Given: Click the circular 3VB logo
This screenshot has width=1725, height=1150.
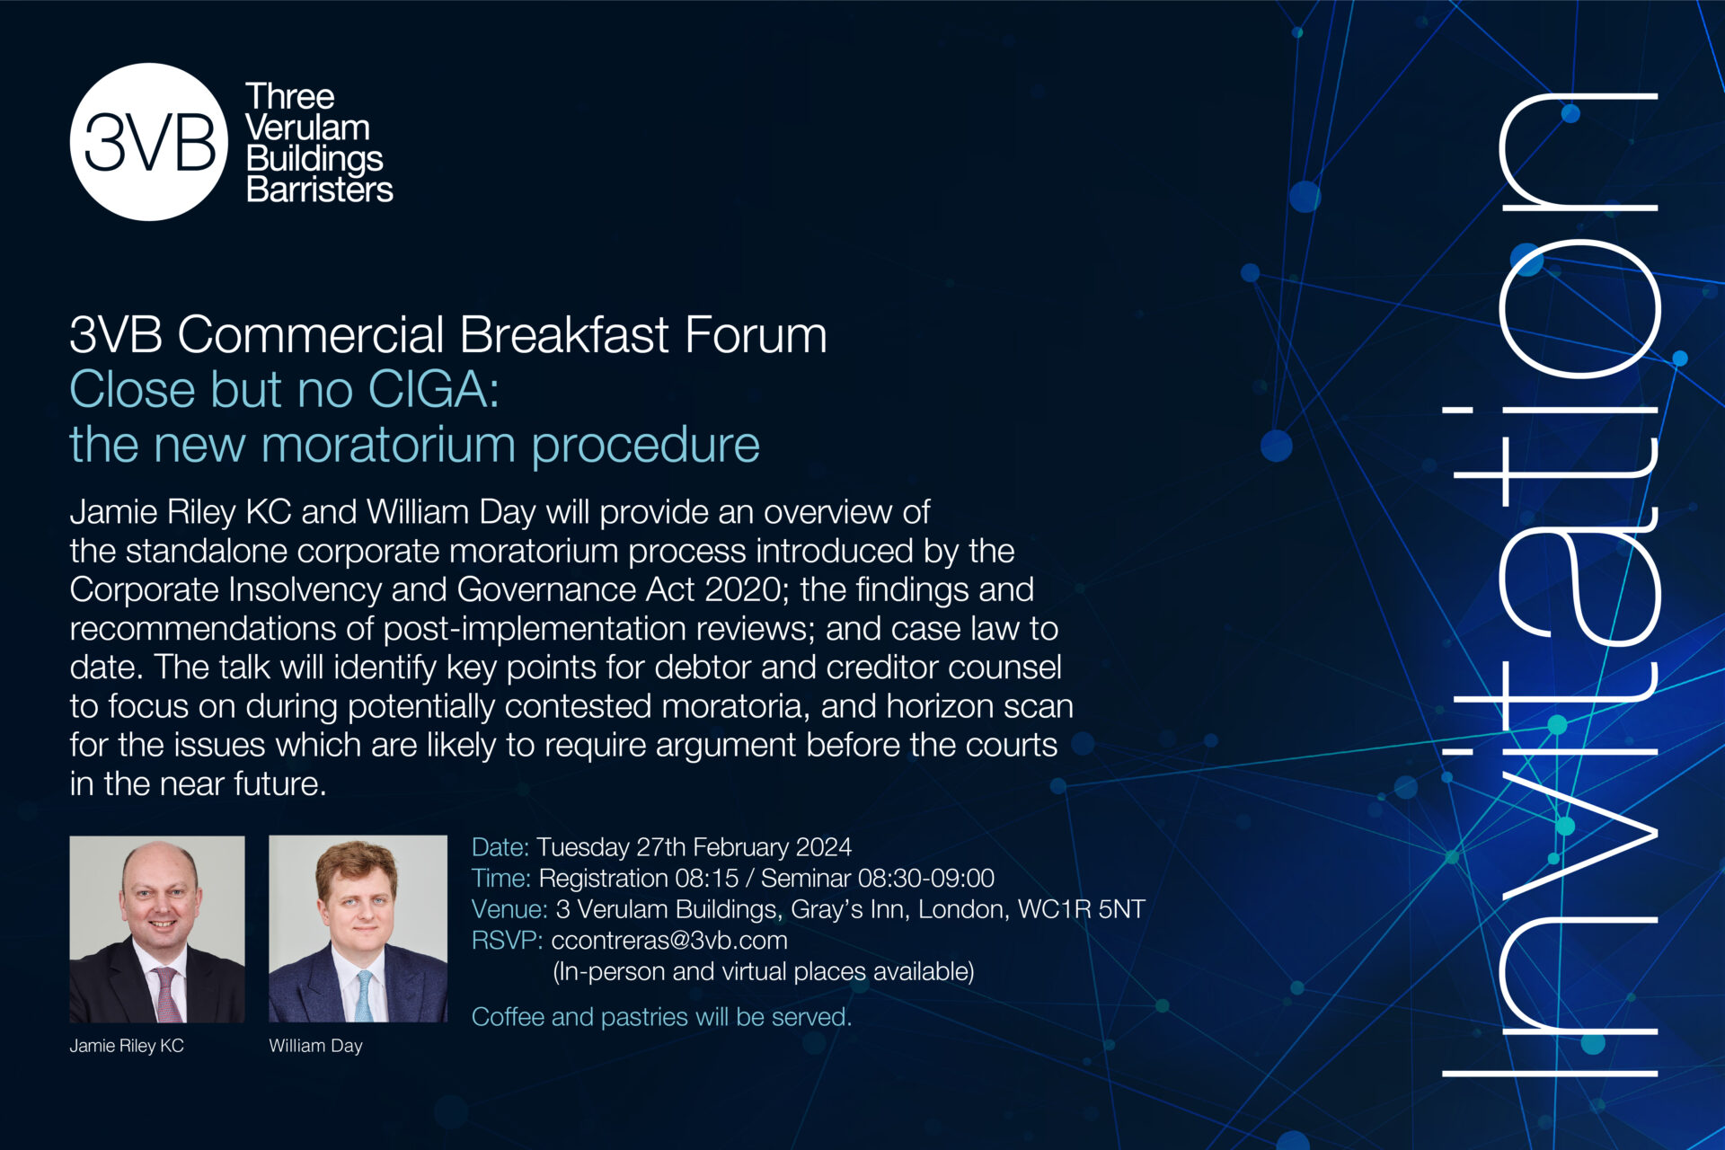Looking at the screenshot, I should (x=149, y=142).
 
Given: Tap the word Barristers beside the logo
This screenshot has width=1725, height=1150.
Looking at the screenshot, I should (x=319, y=190).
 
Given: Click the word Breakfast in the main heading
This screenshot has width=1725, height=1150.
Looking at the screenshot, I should (x=565, y=335).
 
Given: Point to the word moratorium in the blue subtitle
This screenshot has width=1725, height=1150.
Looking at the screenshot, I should (x=389, y=445).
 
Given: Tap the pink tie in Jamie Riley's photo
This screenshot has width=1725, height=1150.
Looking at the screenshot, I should (x=166, y=994).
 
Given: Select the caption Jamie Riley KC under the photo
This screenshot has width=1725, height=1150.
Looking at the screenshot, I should (x=127, y=1046).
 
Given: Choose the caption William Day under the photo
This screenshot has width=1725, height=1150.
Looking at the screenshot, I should (x=315, y=1046).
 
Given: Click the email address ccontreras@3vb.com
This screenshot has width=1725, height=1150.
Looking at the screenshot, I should (x=668, y=941).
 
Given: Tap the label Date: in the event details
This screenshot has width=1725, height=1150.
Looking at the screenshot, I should (x=500, y=847).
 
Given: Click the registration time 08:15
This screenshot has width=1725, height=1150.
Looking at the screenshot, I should (x=701, y=878).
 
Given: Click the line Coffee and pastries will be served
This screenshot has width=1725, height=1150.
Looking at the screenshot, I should (x=661, y=1017).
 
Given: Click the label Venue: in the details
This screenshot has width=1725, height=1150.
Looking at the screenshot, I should (x=509, y=909).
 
